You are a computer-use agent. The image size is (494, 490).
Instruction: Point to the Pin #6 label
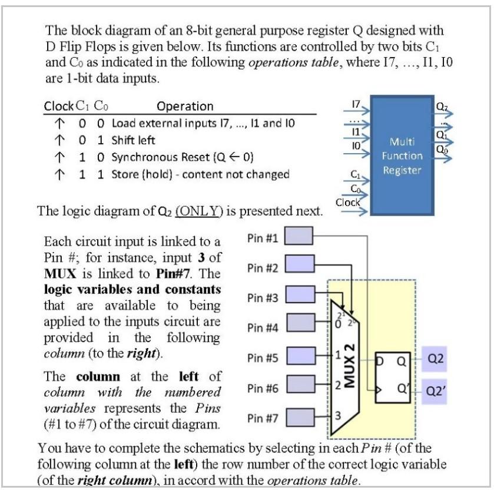[262, 388]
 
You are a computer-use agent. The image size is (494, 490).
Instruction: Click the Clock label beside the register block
[347, 202]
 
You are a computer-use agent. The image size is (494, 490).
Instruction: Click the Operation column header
[185, 106]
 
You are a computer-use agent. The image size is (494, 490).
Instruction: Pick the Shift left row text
[133, 140]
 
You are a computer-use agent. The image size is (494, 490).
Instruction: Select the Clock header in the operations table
[58, 106]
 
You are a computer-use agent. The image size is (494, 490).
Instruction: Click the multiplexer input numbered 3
[337, 416]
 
